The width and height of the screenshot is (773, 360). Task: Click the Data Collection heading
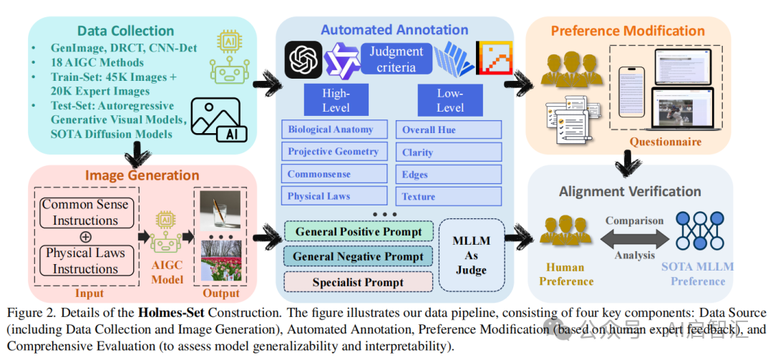click(x=125, y=31)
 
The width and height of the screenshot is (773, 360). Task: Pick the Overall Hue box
click(x=449, y=130)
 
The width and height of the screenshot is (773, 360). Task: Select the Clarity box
click(x=449, y=152)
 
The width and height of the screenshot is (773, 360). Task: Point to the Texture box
click(x=449, y=196)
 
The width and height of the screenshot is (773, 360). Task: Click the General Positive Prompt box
click(x=359, y=231)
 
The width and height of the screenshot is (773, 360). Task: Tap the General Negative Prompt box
click(x=359, y=256)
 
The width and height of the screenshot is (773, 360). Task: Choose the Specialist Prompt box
click(x=359, y=281)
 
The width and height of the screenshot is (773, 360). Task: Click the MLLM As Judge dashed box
click(x=472, y=256)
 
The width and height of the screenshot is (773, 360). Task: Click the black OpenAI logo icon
click(x=303, y=59)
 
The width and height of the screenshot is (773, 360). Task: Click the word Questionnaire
click(x=666, y=142)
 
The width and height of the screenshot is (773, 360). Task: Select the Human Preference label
click(x=566, y=274)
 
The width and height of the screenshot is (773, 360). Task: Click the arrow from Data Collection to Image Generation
click(x=136, y=152)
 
